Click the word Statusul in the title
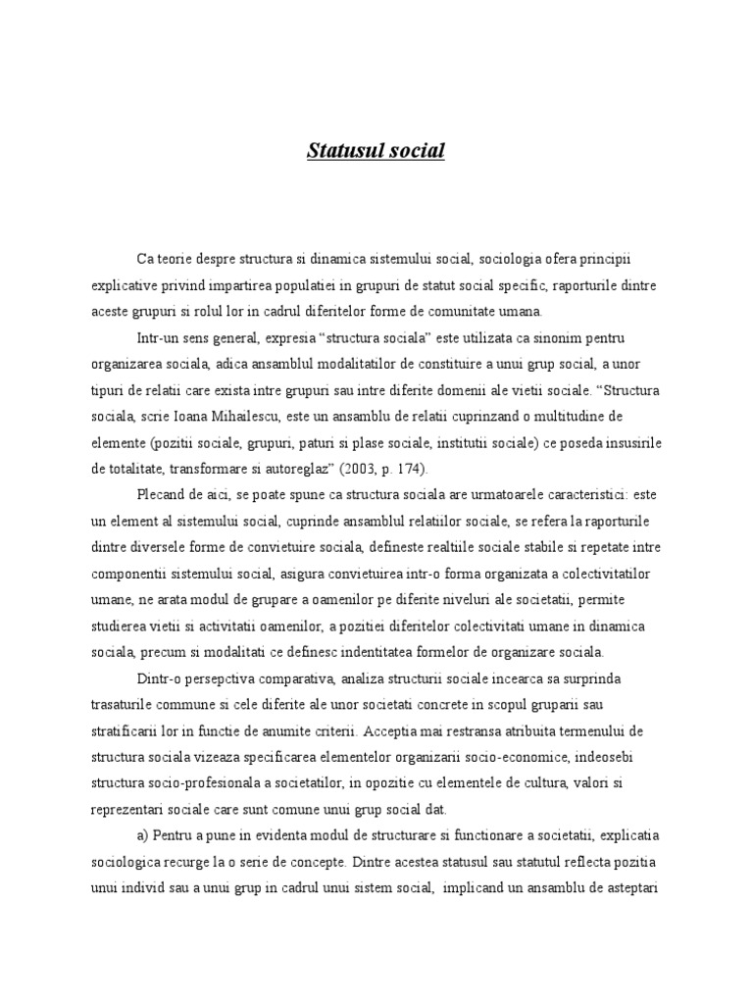338,151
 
